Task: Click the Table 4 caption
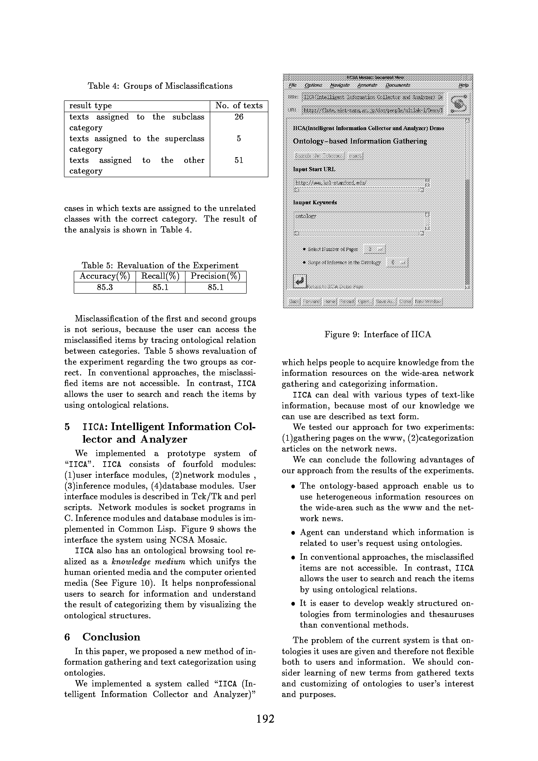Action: (x=160, y=86)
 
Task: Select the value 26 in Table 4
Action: (x=239, y=117)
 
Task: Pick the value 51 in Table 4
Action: (x=239, y=160)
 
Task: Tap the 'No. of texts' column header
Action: (x=239, y=106)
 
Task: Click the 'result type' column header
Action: (x=90, y=106)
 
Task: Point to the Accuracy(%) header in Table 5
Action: (x=105, y=276)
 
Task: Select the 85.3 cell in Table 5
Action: (x=105, y=287)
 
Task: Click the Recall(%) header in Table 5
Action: (x=160, y=276)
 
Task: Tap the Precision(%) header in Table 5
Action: (x=215, y=276)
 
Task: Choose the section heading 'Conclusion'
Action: (x=111, y=637)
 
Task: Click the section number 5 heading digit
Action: (x=67, y=427)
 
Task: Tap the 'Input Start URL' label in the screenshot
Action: (x=314, y=169)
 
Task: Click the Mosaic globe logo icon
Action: (x=459, y=104)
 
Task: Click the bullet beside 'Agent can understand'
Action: (x=293, y=533)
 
